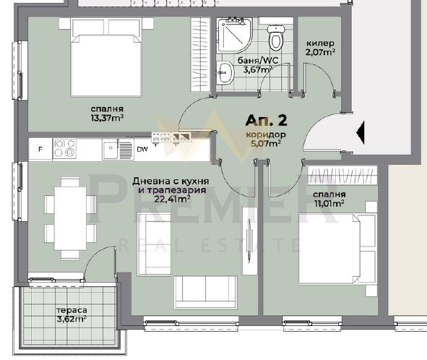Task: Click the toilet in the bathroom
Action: coord(276,38)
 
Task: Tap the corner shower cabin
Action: coord(235,35)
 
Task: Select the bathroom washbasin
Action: coord(225,72)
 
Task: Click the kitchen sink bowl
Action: coord(111,149)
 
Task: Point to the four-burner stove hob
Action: coord(64,148)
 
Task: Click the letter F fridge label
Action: coord(40,149)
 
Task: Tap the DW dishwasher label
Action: coord(142,150)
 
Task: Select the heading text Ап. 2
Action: coord(267,121)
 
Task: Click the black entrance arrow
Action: coord(361,132)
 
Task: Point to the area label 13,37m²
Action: coord(108,118)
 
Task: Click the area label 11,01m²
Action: coord(329,203)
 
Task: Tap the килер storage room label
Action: coord(320,43)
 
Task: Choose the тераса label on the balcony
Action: coord(72,310)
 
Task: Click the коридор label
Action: coord(266,134)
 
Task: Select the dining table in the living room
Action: coord(70,218)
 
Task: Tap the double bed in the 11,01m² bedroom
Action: coord(337,249)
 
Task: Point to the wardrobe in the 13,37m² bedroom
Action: coord(200,54)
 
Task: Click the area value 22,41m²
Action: coord(172,200)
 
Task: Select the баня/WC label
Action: coord(258,61)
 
